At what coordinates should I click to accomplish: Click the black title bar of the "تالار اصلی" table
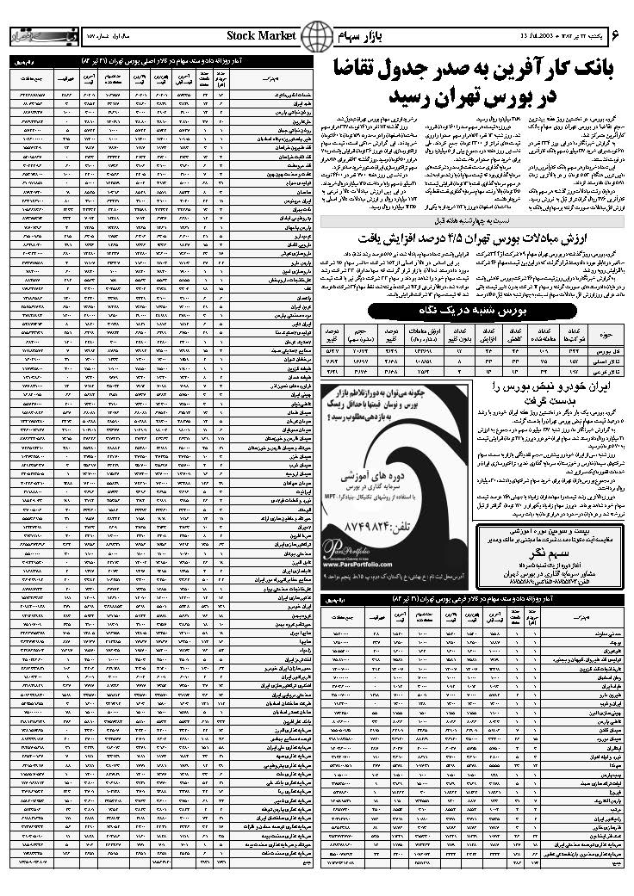click(x=161, y=63)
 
